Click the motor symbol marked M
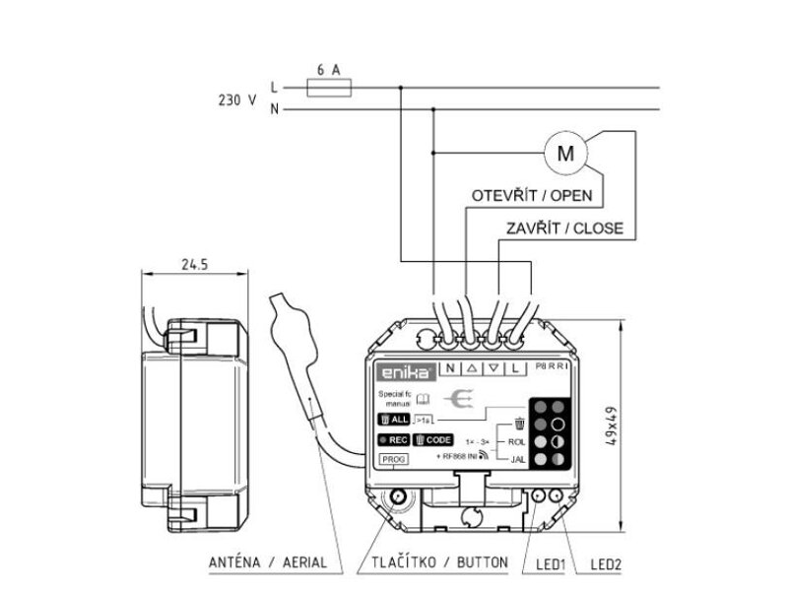[x=564, y=153]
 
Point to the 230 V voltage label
[x=236, y=99]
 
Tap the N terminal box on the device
[x=450, y=368]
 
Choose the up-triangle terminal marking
[x=472, y=368]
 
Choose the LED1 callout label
[x=548, y=564]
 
